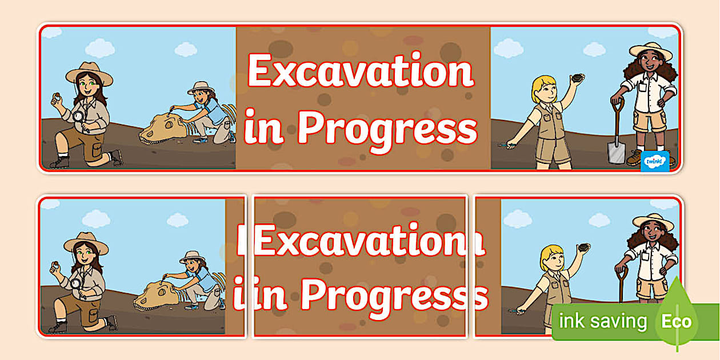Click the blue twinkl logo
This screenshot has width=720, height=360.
655,161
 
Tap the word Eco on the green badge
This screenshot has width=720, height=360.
677,322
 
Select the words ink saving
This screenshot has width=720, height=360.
603,322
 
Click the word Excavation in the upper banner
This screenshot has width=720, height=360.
361,71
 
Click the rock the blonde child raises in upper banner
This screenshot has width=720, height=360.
578,78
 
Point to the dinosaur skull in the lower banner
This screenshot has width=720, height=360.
157,295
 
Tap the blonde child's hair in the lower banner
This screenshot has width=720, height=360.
551,254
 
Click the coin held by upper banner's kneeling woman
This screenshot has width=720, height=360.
56,97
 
